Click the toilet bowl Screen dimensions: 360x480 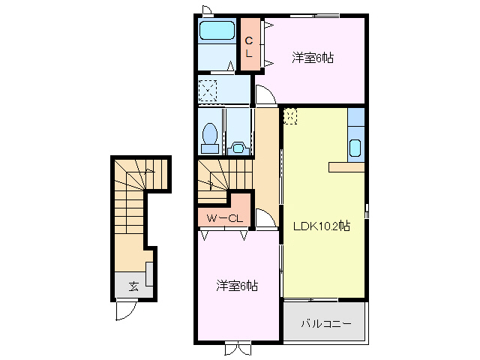[211, 136]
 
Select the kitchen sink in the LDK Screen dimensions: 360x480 [355, 147]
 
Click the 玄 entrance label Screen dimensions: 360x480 [133, 286]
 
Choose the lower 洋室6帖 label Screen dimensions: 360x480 [237, 286]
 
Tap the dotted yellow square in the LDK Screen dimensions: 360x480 [291, 116]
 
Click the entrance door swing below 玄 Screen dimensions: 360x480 [125, 310]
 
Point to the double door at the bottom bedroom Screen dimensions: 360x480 [238, 348]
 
